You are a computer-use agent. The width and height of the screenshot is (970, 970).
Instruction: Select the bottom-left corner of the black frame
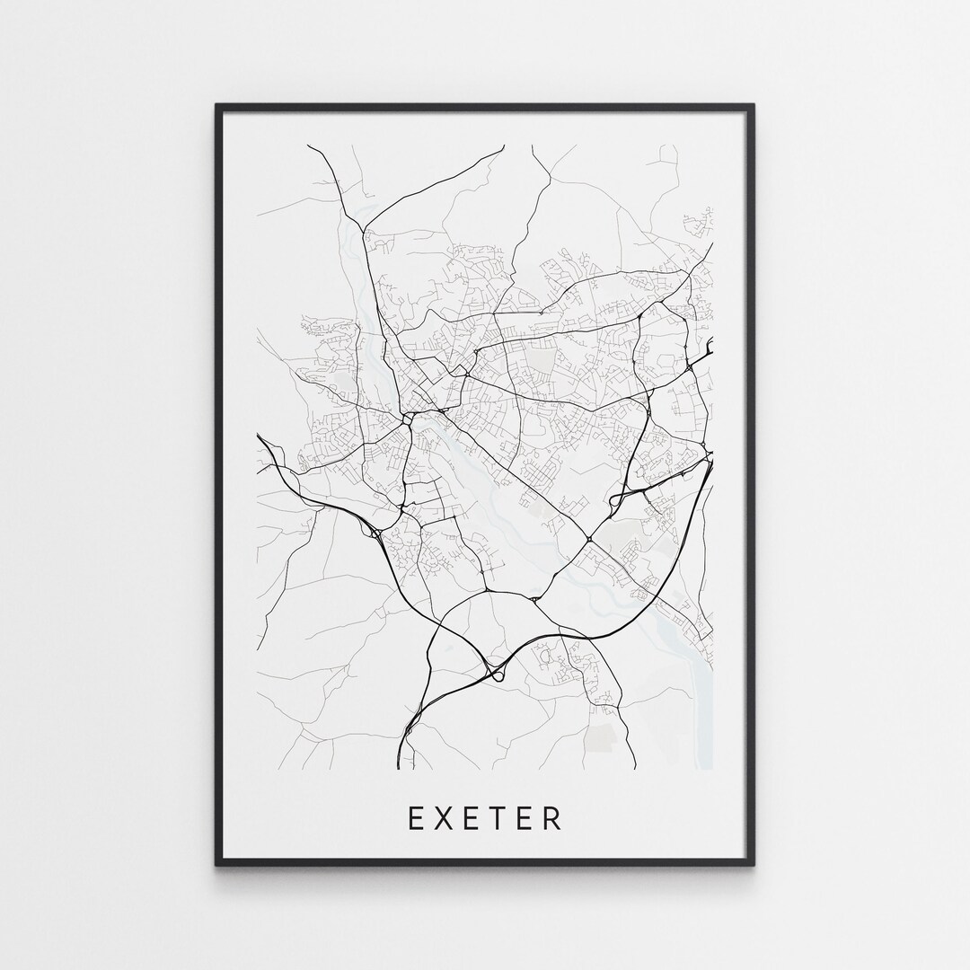(x=217, y=864)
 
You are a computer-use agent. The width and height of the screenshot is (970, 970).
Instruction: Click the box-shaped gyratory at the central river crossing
(x=410, y=418)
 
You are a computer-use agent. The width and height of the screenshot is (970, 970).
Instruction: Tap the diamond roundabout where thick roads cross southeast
(x=588, y=539)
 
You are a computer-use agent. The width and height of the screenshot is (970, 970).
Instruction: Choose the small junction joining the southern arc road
(x=534, y=599)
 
